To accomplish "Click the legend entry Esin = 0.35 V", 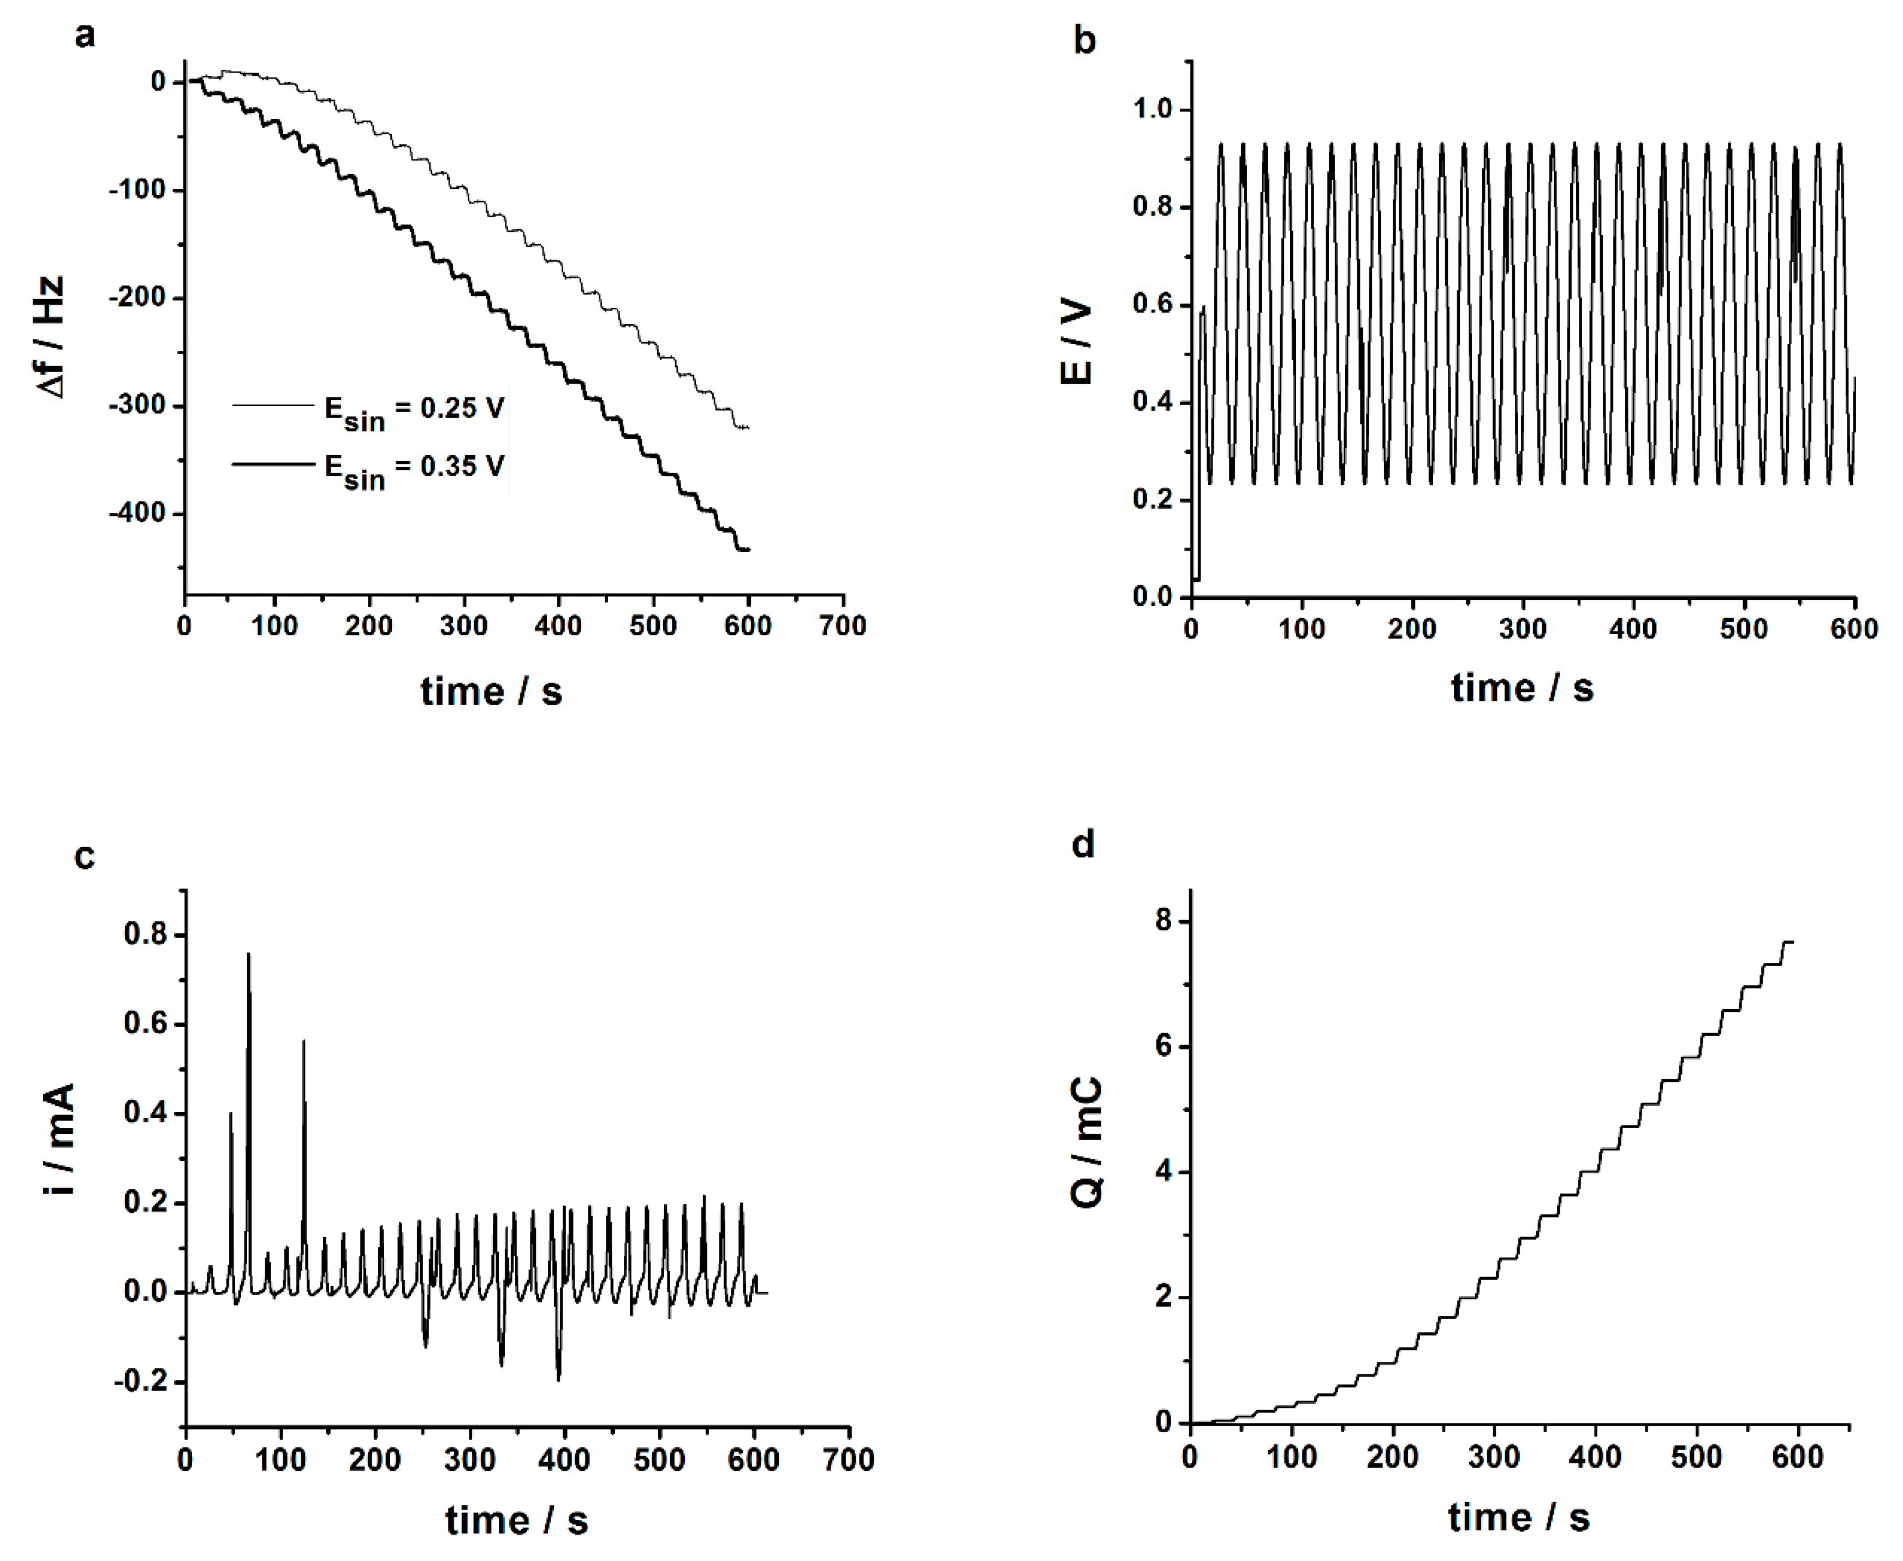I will (x=414, y=468).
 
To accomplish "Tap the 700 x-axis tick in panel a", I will (x=842, y=626).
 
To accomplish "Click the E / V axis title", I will (x=1076, y=342).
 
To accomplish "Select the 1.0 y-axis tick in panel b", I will (x=1153, y=110).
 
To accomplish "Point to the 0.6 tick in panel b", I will (x=1153, y=305).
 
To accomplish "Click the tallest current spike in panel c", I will (x=249, y=955).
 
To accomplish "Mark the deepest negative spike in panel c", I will (x=558, y=1378).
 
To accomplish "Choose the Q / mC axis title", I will (x=1086, y=1142).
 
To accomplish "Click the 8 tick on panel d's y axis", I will (x=1166, y=922).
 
